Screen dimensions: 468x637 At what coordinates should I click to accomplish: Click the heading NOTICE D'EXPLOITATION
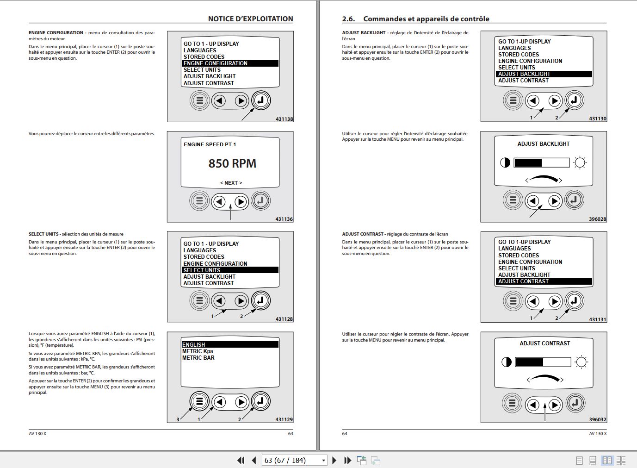(x=250, y=19)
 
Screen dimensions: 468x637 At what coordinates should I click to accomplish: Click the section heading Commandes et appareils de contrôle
(x=426, y=19)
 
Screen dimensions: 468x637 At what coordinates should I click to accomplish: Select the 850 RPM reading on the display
(x=232, y=163)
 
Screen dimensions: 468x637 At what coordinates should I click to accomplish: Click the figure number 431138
(x=284, y=119)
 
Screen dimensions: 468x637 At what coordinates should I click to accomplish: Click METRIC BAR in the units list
(x=198, y=358)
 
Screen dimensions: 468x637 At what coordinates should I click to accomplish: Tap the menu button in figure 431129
(x=199, y=401)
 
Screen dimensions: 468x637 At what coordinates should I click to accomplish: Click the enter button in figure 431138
(x=261, y=100)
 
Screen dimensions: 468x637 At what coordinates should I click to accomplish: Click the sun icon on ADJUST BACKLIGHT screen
(x=580, y=162)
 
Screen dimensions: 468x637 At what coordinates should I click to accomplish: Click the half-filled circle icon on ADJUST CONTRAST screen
(x=507, y=362)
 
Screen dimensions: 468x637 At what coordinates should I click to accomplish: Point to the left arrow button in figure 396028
(x=533, y=200)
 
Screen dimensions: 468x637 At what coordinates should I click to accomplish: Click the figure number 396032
(x=597, y=419)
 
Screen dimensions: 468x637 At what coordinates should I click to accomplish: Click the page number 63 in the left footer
(x=291, y=434)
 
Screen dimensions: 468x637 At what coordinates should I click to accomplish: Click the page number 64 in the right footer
(x=345, y=434)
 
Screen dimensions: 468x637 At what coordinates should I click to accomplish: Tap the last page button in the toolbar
(x=348, y=460)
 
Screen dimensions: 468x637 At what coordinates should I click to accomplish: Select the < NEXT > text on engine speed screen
(x=231, y=183)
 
